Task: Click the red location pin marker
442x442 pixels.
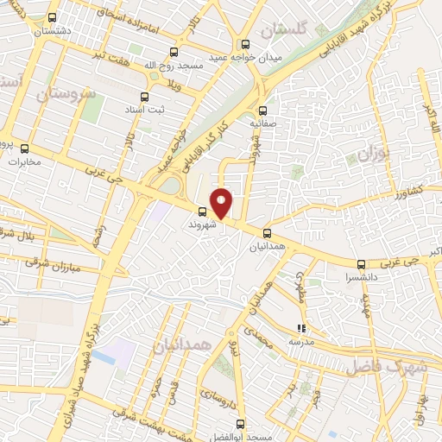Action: click(223, 202)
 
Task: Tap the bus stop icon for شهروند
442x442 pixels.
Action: click(202, 212)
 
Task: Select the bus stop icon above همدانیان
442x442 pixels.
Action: click(267, 232)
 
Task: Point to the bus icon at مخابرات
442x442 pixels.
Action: click(24, 148)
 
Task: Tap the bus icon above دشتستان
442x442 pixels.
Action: click(53, 17)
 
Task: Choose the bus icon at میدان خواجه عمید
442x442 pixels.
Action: click(245, 44)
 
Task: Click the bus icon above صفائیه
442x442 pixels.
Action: click(263, 110)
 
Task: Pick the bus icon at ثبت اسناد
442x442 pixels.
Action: click(144, 97)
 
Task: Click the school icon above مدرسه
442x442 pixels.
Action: click(300, 328)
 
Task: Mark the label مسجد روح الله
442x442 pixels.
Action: click(174, 66)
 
